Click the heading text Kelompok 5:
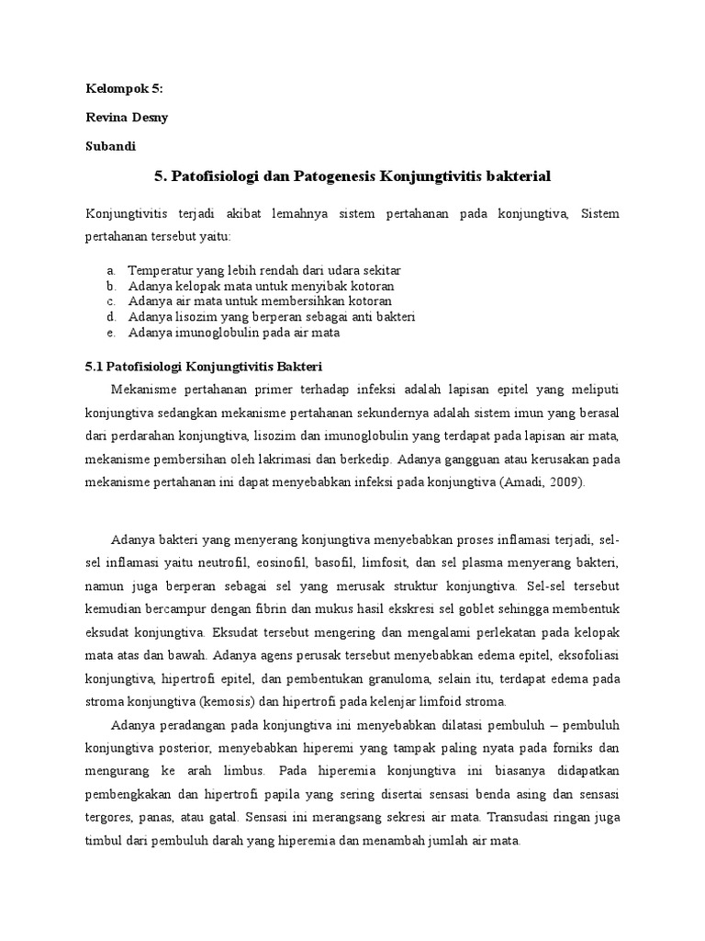(x=123, y=88)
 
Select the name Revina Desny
(x=129, y=118)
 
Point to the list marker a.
(x=110, y=271)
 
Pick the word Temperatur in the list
(x=160, y=271)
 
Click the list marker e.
(x=110, y=332)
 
